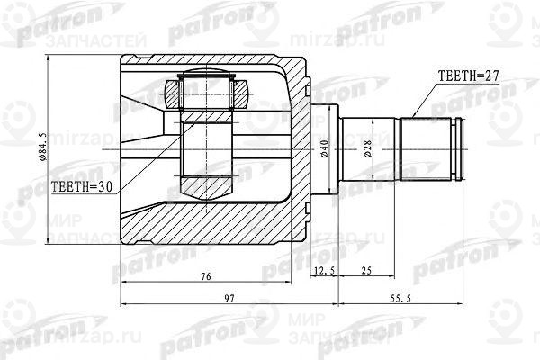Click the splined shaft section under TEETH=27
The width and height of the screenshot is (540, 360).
coord(427,149)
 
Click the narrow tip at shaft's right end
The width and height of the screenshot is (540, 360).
coord(463,149)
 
